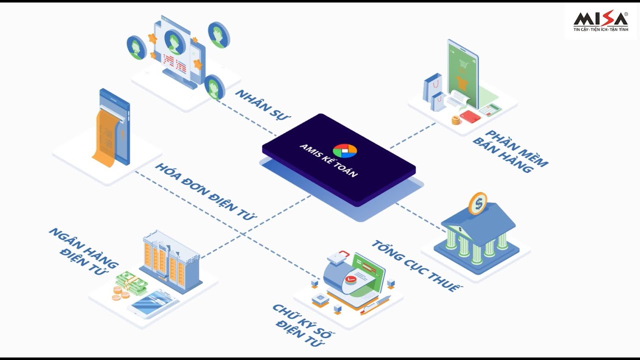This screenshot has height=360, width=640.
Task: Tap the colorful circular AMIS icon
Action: (x=345, y=151)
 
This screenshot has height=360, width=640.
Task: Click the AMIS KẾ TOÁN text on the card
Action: (x=328, y=160)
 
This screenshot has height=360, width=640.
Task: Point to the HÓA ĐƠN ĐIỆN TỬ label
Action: (x=205, y=191)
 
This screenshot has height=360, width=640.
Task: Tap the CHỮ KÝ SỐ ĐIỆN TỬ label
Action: (x=303, y=325)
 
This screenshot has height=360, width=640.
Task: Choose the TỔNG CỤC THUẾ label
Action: (x=416, y=265)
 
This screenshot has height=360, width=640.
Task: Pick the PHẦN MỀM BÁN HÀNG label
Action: (x=510, y=151)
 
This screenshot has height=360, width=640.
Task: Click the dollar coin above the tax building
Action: (x=477, y=203)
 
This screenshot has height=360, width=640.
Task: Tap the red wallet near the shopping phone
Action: (x=470, y=116)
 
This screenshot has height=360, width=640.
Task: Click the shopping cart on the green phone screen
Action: (x=463, y=64)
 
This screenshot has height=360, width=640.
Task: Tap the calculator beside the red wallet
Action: (x=490, y=109)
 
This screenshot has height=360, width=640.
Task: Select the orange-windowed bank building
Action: (x=170, y=261)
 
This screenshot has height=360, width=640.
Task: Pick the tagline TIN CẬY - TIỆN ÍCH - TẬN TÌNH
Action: (x=600, y=29)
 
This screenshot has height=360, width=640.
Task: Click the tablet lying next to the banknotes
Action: (x=153, y=303)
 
